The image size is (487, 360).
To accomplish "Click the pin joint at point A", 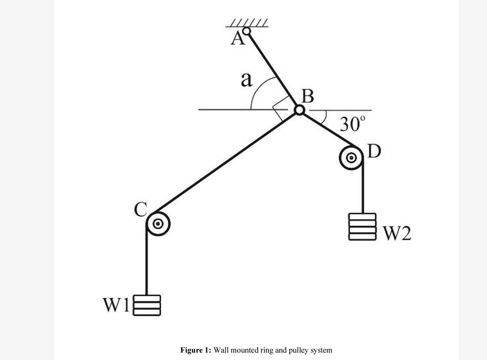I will click(246, 31).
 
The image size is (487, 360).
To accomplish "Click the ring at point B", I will click(299, 110).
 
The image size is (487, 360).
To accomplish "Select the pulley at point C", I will click(158, 224).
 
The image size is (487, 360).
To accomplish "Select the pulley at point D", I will click(351, 157).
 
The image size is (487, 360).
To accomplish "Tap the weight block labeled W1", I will click(146, 305).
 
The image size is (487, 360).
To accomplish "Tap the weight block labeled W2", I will click(362, 227).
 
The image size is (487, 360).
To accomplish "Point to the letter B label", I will click(308, 96).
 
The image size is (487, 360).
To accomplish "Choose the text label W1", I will click(116, 305).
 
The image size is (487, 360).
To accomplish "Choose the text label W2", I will click(397, 233).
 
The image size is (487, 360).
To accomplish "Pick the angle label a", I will click(246, 80).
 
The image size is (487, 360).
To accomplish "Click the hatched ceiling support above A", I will click(247, 23).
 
